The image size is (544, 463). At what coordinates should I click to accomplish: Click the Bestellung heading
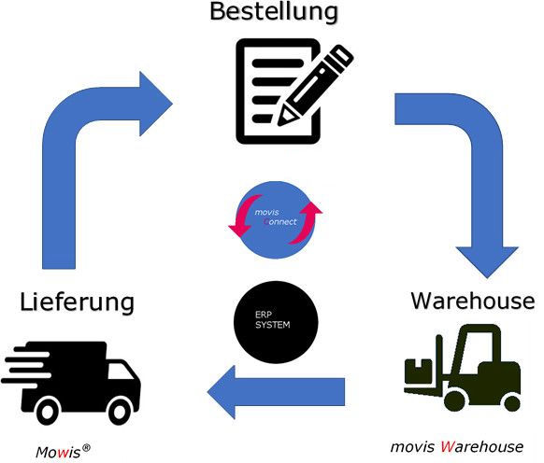pyautogui.click(x=274, y=12)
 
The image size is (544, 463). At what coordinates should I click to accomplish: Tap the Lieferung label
pyautogui.click(x=77, y=302)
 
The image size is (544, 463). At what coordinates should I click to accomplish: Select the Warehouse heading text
pyautogui.click(x=473, y=301)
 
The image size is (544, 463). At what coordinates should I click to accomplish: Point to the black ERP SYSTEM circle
pyautogui.click(x=276, y=322)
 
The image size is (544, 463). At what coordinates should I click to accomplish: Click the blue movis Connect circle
pyautogui.click(x=276, y=220)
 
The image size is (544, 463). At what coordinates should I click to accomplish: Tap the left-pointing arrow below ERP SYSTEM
pyautogui.click(x=276, y=392)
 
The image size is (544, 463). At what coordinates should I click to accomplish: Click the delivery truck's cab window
pyautogui.click(x=120, y=372)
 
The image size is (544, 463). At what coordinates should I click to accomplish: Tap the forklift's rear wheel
pyautogui.click(x=511, y=402)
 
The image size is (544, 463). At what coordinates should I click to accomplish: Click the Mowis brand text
pyautogui.click(x=58, y=452)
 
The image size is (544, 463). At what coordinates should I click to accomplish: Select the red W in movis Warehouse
pyautogui.click(x=448, y=447)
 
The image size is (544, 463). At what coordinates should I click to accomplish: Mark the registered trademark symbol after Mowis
pyautogui.click(x=86, y=447)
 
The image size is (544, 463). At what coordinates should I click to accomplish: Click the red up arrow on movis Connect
pyautogui.click(x=306, y=222)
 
